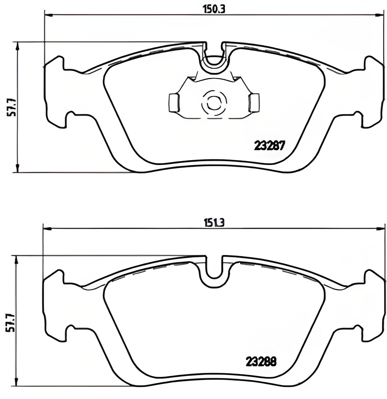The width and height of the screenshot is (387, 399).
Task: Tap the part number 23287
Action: click(x=269, y=146)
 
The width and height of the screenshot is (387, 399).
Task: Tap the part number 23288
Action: click(x=261, y=362)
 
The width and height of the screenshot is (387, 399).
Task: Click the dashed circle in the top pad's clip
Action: click(x=214, y=103)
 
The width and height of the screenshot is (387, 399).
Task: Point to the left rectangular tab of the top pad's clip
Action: click(x=174, y=103)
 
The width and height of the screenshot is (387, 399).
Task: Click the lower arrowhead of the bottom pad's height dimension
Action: click(x=17, y=383)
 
